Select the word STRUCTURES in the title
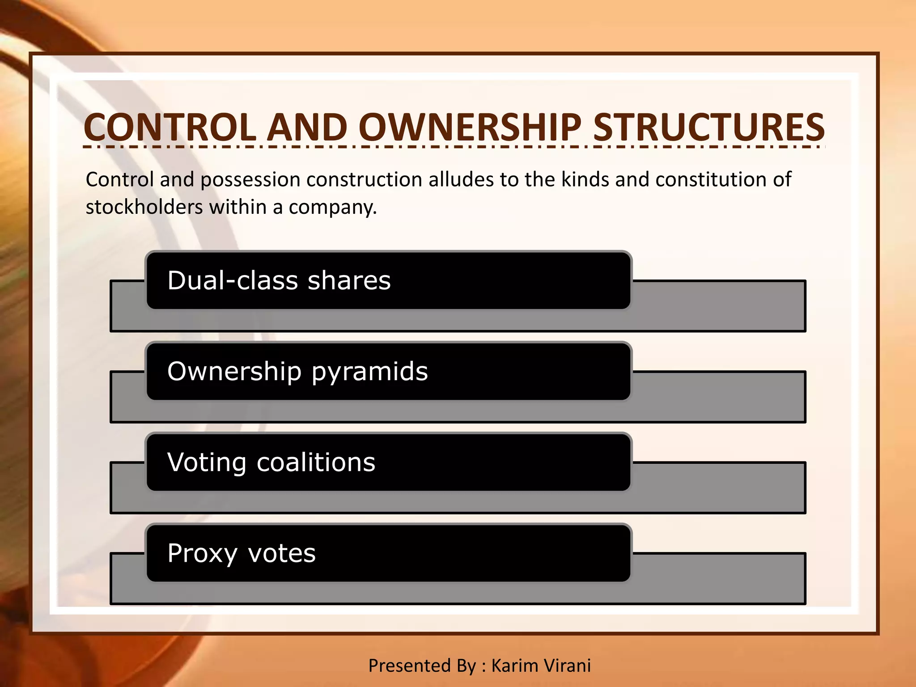709,127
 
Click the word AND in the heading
308,127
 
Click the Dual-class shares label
279,281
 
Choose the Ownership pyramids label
297,372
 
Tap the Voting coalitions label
271,462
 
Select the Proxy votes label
242,553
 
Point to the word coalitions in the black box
316,462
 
